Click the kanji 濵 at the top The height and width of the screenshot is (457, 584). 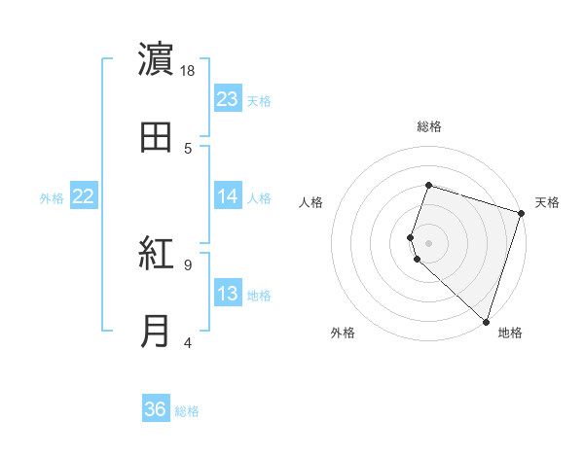point(157,61)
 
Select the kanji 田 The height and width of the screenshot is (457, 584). point(157,137)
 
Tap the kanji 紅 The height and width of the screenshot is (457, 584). point(157,255)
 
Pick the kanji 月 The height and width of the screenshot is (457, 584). point(157,331)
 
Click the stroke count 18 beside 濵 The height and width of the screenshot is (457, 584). point(189,72)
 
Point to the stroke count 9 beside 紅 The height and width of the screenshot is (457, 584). point(188,264)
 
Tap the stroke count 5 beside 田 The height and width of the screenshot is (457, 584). point(188,148)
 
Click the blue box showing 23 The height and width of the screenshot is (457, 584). point(228,99)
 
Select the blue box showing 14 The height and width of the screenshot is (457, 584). point(228,196)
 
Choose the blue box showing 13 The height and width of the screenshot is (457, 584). point(228,294)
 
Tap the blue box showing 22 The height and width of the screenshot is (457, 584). point(84,196)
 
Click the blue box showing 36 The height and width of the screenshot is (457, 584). point(156,409)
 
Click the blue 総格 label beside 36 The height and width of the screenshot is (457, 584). point(188,411)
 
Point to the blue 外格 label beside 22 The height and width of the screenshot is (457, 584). point(52,198)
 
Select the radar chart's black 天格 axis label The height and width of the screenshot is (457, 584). point(547,202)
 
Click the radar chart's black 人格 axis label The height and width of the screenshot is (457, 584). point(310,202)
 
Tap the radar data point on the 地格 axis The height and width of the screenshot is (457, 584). point(486,321)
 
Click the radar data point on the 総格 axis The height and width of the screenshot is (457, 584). point(428,186)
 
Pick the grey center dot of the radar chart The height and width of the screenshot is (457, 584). point(428,242)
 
